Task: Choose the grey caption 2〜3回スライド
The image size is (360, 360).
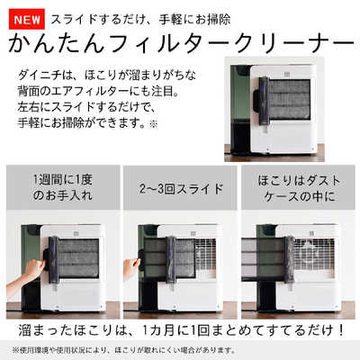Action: coord(180,192)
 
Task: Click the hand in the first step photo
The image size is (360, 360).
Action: coord(33,267)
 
